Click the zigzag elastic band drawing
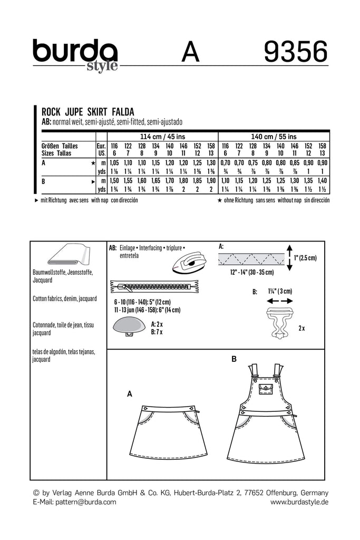pyautogui.click(x=252, y=258)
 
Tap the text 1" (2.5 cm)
pyautogui.click(x=306, y=257)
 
